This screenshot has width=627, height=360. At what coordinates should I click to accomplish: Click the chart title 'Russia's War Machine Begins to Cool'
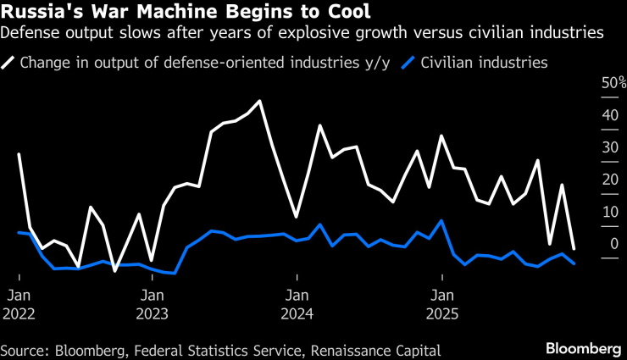click(x=186, y=13)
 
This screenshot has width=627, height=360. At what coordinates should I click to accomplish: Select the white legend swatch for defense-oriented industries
click(x=10, y=63)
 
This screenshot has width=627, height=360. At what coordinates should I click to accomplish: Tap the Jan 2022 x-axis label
click(x=19, y=304)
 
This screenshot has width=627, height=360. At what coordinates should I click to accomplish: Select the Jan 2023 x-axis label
click(x=153, y=304)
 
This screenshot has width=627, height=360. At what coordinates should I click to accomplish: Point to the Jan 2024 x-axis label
click(x=297, y=304)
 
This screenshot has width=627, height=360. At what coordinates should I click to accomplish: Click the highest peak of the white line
click(x=259, y=101)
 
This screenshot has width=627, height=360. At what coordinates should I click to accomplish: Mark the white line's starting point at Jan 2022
click(x=19, y=154)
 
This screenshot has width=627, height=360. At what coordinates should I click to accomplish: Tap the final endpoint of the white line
click(x=574, y=248)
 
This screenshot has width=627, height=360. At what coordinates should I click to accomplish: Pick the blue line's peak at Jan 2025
click(x=441, y=220)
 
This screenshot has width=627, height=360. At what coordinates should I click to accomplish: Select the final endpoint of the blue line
click(x=574, y=263)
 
